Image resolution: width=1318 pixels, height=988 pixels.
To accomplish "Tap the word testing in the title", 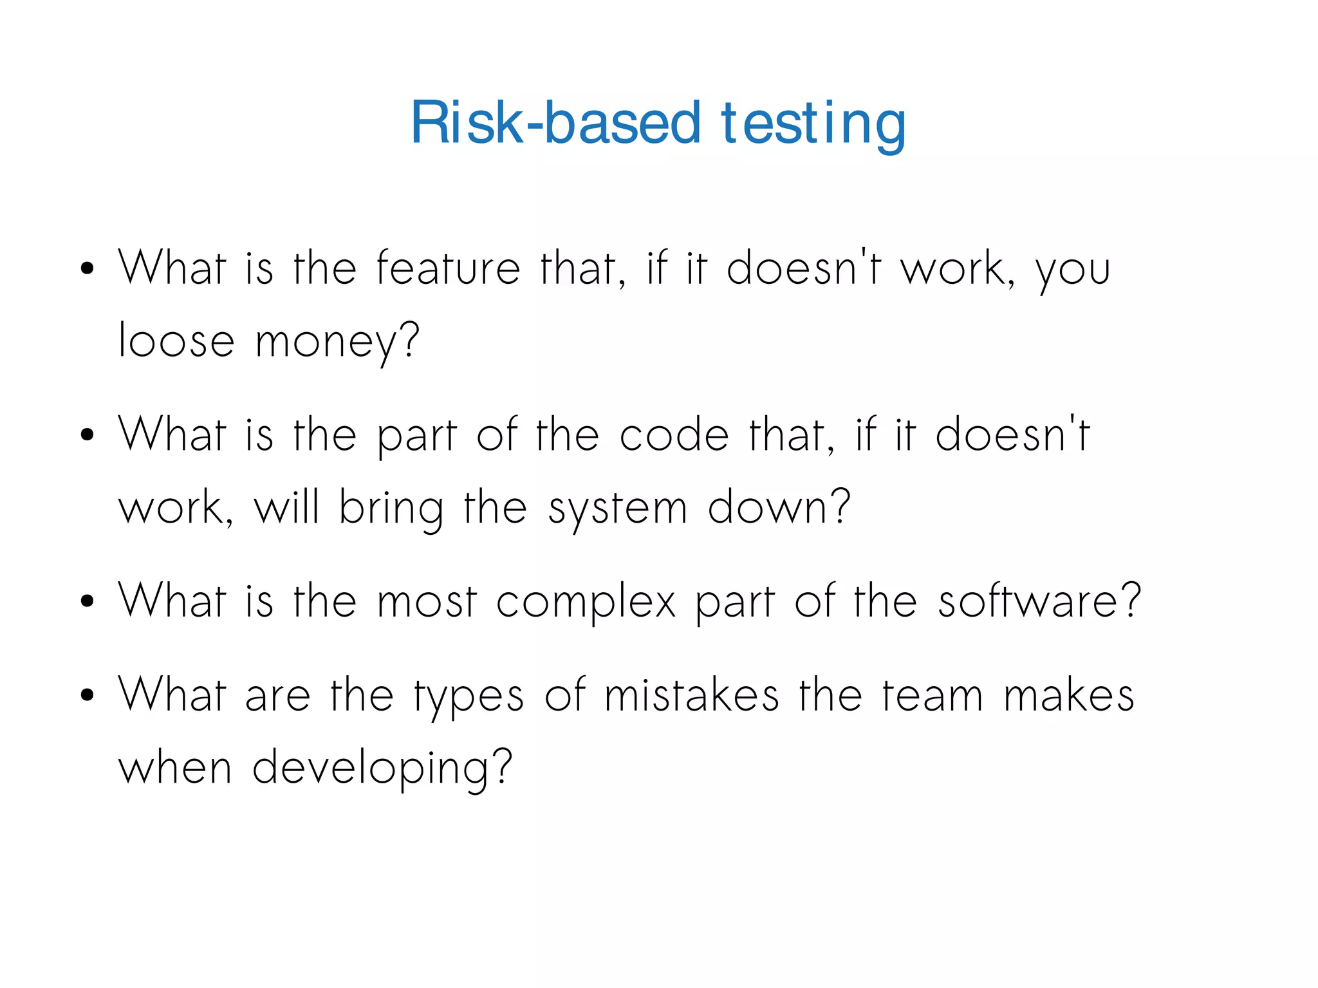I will (x=813, y=124).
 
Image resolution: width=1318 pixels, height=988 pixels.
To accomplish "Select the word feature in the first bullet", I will (x=448, y=268).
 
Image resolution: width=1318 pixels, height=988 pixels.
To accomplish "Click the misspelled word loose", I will (x=176, y=340).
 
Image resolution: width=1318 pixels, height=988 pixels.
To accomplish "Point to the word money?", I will (x=337, y=342).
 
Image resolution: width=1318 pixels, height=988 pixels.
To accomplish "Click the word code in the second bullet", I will (x=674, y=434).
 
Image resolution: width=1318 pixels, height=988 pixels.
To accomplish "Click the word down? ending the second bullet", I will (x=779, y=507).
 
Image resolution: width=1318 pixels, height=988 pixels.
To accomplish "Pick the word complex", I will (x=586, y=602).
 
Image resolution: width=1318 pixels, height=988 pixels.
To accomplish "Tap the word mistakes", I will (x=691, y=695).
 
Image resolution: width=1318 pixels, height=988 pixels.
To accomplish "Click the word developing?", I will (x=382, y=769).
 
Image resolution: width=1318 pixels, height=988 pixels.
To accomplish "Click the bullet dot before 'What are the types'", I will (x=88, y=695).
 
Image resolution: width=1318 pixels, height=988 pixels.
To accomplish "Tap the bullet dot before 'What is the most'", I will (x=88, y=602).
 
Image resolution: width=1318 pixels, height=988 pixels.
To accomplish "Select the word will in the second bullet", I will (x=286, y=507).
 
